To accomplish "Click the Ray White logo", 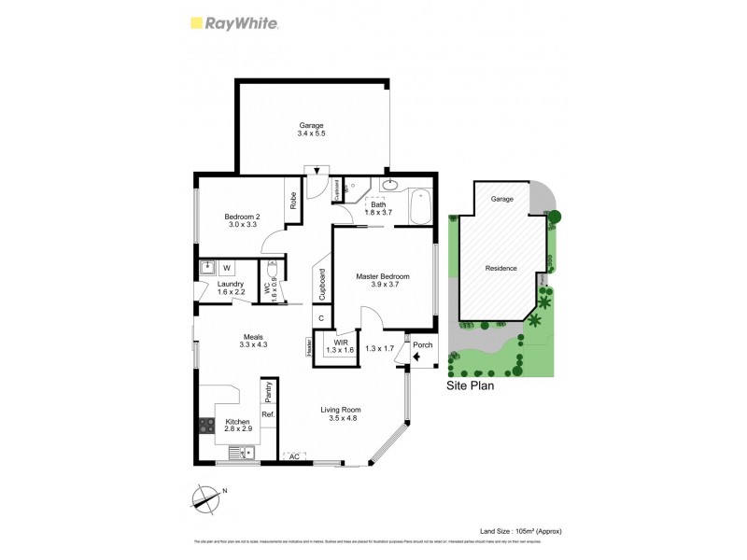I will [x=233, y=23].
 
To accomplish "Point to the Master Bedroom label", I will [x=383, y=276].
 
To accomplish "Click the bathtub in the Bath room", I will [x=420, y=205].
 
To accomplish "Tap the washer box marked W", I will [x=226, y=268].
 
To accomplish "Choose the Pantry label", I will [x=268, y=390].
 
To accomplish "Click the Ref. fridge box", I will [x=267, y=413].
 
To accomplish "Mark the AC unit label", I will [x=293, y=456].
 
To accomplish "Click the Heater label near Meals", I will [x=307, y=346].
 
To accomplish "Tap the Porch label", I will [x=422, y=344].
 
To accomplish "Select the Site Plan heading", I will [x=471, y=384].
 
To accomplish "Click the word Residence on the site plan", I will [x=500, y=268].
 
